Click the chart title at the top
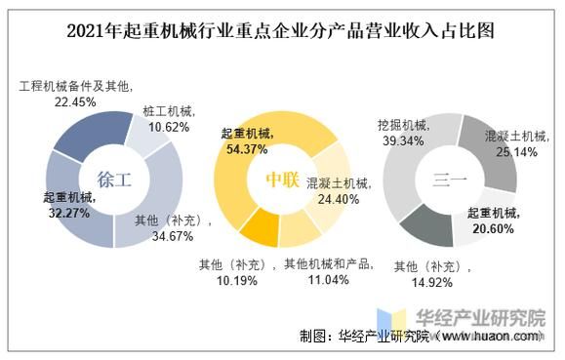coord(282,30)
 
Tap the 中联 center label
coord(282,179)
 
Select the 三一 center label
coord(452,179)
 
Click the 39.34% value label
coord(401,141)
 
